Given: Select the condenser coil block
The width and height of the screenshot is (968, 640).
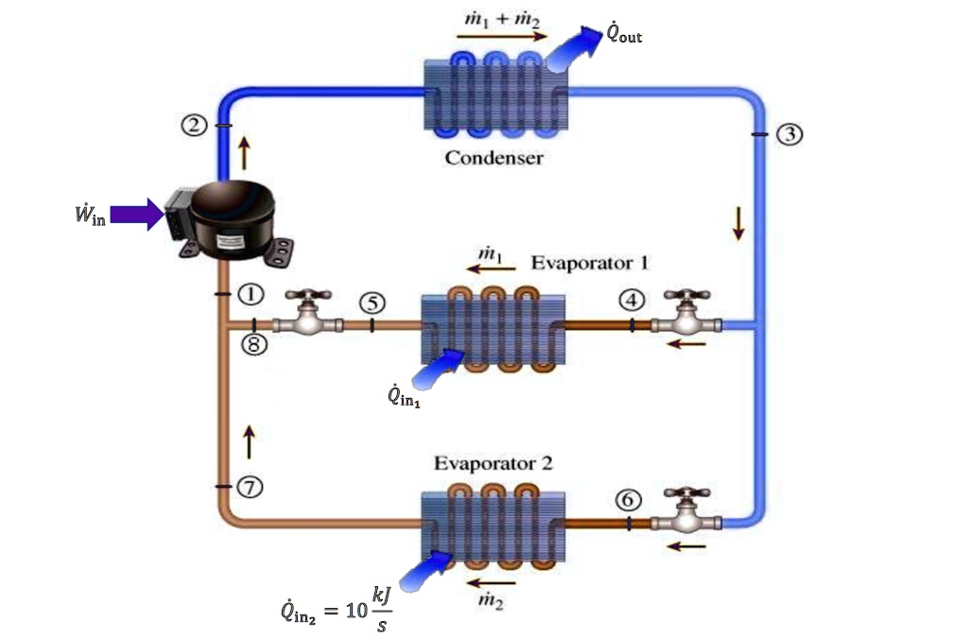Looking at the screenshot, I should pyautogui.click(x=493, y=95).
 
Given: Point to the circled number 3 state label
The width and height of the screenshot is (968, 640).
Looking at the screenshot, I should pyautogui.click(x=789, y=134).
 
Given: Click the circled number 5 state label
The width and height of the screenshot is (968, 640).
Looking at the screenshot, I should pyautogui.click(x=373, y=303).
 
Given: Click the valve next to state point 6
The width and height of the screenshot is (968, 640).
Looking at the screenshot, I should pyautogui.click(x=687, y=510).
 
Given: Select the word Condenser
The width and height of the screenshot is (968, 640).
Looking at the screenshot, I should pyautogui.click(x=493, y=158).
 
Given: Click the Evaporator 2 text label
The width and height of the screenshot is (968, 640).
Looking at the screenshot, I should pyautogui.click(x=493, y=464).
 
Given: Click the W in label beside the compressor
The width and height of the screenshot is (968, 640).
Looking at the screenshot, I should pyautogui.click(x=89, y=216).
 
